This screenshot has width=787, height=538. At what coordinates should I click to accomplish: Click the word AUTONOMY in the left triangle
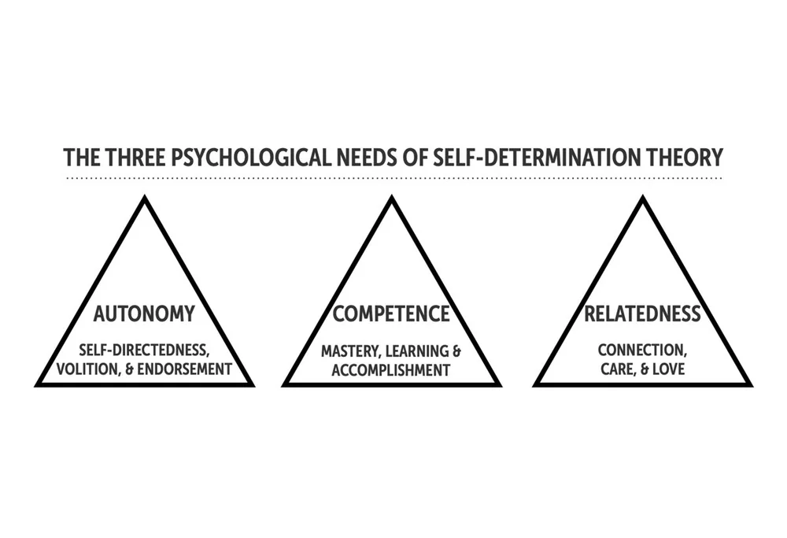tap(144, 314)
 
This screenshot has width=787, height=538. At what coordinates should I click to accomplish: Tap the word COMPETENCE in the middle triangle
tap(391, 314)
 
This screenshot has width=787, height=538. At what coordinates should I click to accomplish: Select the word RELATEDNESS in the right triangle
tap(642, 314)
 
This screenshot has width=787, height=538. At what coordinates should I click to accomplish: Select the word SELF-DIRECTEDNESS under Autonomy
tap(144, 349)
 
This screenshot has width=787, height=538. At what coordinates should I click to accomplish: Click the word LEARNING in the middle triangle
tap(416, 349)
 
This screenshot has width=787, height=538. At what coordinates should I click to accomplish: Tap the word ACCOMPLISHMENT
tap(391, 368)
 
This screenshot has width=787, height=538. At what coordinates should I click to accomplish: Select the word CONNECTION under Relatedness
tap(640, 349)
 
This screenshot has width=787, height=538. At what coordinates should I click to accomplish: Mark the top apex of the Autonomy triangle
tap(145, 199)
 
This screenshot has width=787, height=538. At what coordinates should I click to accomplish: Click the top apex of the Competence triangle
tap(391, 199)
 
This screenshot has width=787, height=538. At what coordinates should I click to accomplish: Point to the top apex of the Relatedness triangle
tap(642, 199)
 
